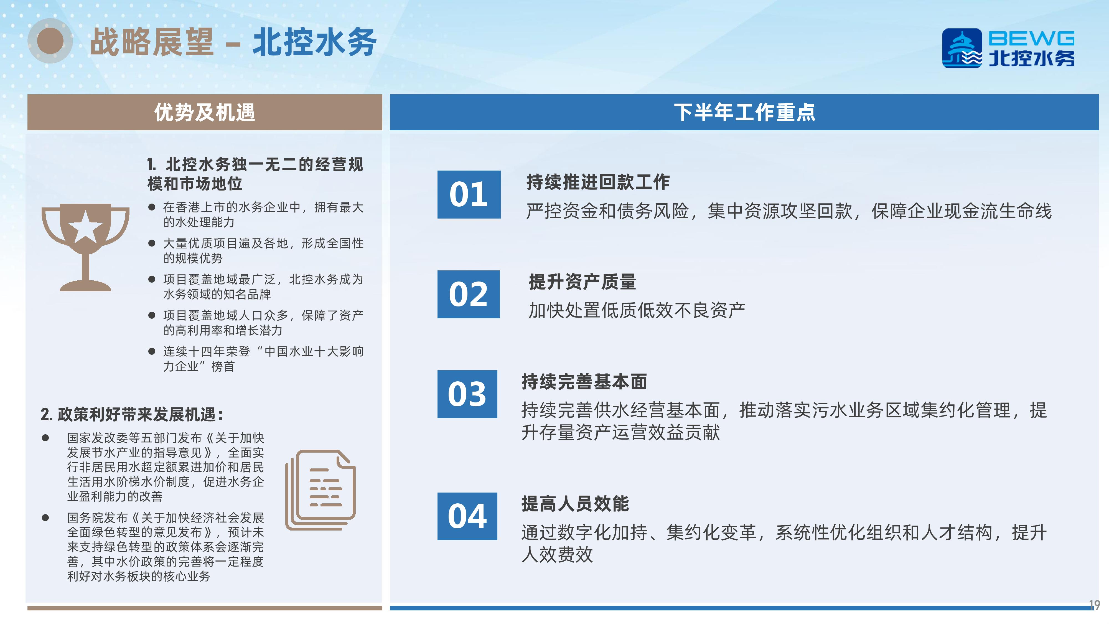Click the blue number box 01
pos(469,194)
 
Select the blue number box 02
pos(468,294)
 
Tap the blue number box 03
pos(467,394)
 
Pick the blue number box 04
pos(467,516)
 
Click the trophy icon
pos(85,247)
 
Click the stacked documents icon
pos(320,490)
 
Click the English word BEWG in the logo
pos(1031,38)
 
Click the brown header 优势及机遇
pos(205,112)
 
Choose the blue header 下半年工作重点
pos(744,112)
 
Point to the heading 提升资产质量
pos(583,282)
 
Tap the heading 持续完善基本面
pos(584,382)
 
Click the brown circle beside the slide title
pos(50,41)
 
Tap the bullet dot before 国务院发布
pos(45,517)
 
